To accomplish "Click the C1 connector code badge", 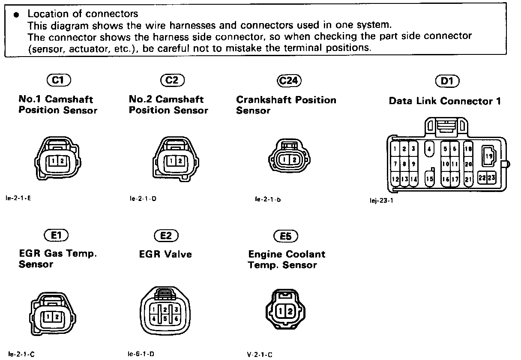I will (x=58, y=80).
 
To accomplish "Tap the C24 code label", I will (x=289, y=81).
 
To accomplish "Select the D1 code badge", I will (x=446, y=81).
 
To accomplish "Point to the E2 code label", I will (x=166, y=235).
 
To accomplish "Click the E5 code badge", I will (x=285, y=236).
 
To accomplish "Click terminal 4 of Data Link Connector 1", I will (x=429, y=149).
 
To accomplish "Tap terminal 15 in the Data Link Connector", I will (x=429, y=179).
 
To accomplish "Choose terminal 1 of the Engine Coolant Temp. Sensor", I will (x=281, y=312).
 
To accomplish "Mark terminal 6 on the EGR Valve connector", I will (x=176, y=319).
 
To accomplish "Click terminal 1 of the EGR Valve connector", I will (x=153, y=309).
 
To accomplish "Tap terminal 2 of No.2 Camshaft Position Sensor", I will (x=180, y=161).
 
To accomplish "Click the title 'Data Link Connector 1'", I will (x=445, y=102).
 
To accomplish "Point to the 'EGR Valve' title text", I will (x=165, y=254).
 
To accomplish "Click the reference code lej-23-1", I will (x=381, y=200).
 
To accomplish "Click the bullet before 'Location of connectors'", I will (x=16, y=15).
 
